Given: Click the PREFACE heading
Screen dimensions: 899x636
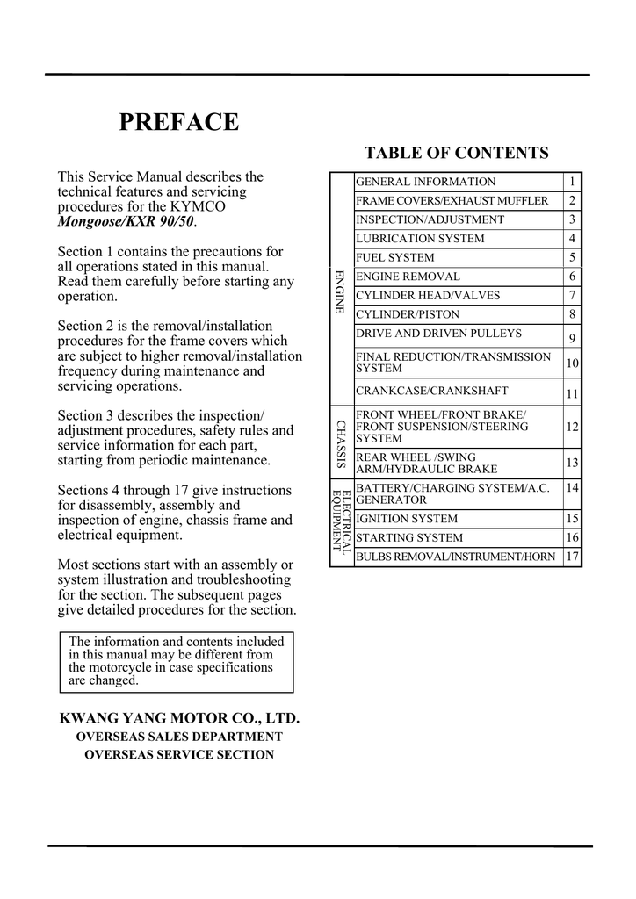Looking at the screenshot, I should tap(178, 122).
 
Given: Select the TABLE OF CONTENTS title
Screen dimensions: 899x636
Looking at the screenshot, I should tap(456, 154).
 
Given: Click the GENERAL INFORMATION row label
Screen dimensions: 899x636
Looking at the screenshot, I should tap(425, 182).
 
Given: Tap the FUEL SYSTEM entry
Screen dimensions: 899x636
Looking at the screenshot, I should tap(394, 257).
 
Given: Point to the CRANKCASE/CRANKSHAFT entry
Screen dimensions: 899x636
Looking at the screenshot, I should tap(431, 392).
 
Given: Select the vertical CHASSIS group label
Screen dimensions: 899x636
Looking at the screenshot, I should tap(341, 443).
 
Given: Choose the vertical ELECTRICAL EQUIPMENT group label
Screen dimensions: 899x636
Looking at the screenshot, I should tap(341, 521).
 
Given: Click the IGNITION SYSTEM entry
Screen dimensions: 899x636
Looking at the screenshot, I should tap(406, 519).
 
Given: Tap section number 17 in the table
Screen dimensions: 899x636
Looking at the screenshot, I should tap(572, 557).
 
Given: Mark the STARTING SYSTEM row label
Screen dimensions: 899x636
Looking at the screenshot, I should tap(408, 538).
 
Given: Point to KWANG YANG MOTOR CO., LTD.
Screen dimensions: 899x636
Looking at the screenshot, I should tap(179, 719).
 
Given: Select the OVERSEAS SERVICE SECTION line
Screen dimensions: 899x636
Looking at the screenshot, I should tap(179, 754).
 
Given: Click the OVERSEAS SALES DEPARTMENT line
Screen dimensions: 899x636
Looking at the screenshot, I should tap(179, 737).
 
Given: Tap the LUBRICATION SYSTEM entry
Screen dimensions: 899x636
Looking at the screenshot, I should tap(419, 239).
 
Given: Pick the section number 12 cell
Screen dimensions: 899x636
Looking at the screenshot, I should tap(572, 427).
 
